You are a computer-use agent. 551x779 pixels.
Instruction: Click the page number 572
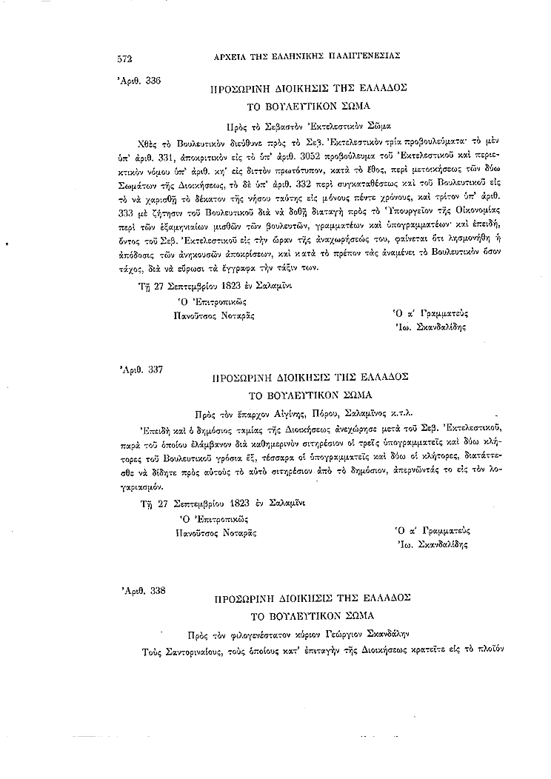pos(123,57)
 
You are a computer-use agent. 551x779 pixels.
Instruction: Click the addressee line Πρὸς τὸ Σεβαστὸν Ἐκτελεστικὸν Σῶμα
pos(310,125)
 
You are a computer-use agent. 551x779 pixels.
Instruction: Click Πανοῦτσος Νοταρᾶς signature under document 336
pos(215,315)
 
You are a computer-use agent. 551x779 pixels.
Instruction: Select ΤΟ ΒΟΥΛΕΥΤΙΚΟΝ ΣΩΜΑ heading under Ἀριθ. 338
pos(310,615)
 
